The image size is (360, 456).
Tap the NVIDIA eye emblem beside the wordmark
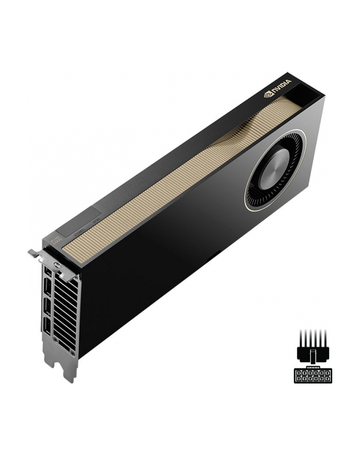click(267, 94)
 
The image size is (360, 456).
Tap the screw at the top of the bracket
click(57, 268)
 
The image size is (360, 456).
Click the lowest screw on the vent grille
click(73, 353)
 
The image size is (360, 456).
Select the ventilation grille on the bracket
click(66, 314)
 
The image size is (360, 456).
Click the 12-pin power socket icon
click(309, 375)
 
